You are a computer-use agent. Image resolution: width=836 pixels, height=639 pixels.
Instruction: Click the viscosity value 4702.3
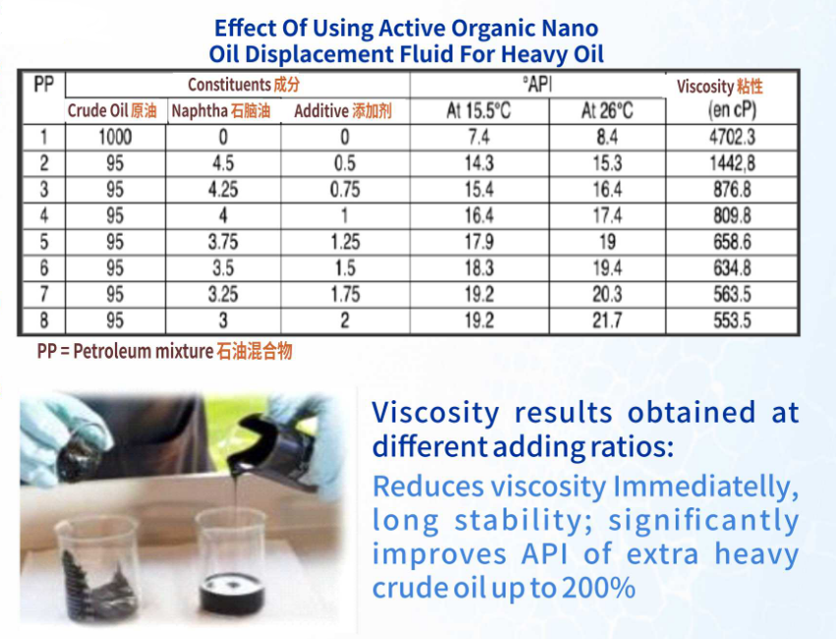[732, 138]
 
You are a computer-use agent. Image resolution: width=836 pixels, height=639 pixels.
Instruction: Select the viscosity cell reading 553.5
[732, 320]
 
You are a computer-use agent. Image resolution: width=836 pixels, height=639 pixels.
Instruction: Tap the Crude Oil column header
[112, 111]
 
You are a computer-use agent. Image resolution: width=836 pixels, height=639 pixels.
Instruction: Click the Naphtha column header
[220, 111]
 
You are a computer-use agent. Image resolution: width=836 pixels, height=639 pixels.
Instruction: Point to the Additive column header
[343, 111]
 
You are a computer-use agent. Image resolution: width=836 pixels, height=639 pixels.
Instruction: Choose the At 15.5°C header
[478, 111]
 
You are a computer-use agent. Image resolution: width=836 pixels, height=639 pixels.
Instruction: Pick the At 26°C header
[607, 111]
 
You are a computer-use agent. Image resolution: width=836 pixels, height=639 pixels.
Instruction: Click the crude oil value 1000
[115, 138]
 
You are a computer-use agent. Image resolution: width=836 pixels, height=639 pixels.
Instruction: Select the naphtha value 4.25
[223, 190]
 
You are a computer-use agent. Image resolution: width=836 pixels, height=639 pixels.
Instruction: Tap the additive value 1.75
[345, 294]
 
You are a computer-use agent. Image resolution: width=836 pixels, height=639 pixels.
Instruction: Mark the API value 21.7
[607, 320]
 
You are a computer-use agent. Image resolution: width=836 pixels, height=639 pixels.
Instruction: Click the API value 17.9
[479, 242]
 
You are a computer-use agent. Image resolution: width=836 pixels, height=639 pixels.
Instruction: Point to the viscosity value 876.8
[732, 190]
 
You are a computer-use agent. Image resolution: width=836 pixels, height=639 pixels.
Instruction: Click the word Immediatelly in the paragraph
[705, 487]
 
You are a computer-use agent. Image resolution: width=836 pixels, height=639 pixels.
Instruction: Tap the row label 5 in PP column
[44, 242]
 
